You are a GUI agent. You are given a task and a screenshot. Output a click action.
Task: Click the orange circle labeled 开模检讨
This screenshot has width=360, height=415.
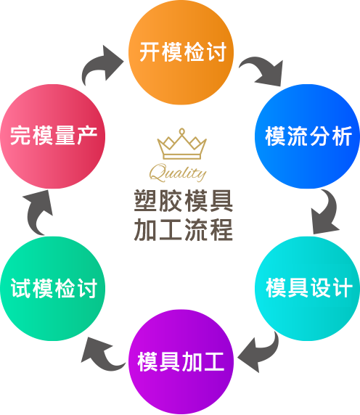181,52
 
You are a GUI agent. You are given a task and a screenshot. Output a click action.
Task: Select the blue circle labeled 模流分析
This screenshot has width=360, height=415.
307,136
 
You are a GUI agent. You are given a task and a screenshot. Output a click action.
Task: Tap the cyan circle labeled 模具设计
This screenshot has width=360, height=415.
307,289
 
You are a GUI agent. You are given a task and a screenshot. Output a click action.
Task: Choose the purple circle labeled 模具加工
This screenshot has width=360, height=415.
181,362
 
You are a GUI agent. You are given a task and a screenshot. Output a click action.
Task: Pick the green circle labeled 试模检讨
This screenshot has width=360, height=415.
53,289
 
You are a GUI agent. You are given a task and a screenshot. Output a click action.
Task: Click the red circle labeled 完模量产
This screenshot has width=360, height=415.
53,136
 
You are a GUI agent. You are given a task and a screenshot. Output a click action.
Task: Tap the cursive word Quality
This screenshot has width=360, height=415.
178,172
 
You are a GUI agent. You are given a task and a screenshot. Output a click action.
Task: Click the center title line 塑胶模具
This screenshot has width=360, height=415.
183,201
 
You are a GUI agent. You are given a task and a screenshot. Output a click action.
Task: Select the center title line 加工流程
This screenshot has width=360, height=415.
183,229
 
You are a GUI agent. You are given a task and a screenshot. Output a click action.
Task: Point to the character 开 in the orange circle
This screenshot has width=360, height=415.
150,52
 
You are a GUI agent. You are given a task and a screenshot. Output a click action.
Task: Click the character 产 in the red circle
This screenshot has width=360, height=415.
87,136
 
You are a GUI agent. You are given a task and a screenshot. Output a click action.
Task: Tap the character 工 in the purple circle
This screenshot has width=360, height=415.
213,361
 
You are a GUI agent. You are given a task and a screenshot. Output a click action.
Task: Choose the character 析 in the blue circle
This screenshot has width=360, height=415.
342,136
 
